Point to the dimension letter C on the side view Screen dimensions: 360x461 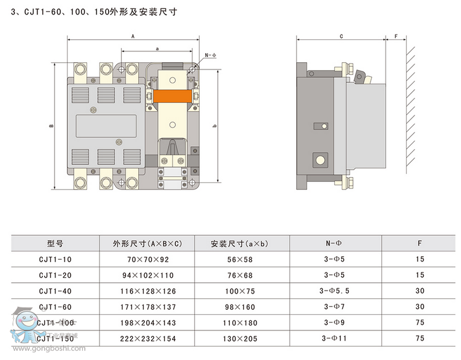click(x=341, y=36)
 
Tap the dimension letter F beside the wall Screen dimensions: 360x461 click(x=396, y=36)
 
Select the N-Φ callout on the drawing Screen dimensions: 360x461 click(x=211, y=56)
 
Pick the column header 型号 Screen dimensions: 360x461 click(x=55, y=243)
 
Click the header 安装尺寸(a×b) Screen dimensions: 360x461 click(x=240, y=244)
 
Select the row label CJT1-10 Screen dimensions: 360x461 click(x=55, y=259)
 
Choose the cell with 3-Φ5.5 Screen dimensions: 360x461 click(x=334, y=291)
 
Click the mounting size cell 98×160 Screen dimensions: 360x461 click(x=240, y=307)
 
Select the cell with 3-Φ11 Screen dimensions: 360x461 click(x=334, y=339)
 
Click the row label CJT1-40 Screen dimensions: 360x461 click(x=55, y=291)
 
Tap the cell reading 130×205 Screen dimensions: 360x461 click(x=240, y=339)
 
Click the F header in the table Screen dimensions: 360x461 click(x=420, y=243)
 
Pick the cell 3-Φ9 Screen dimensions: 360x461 click(x=334, y=323)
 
